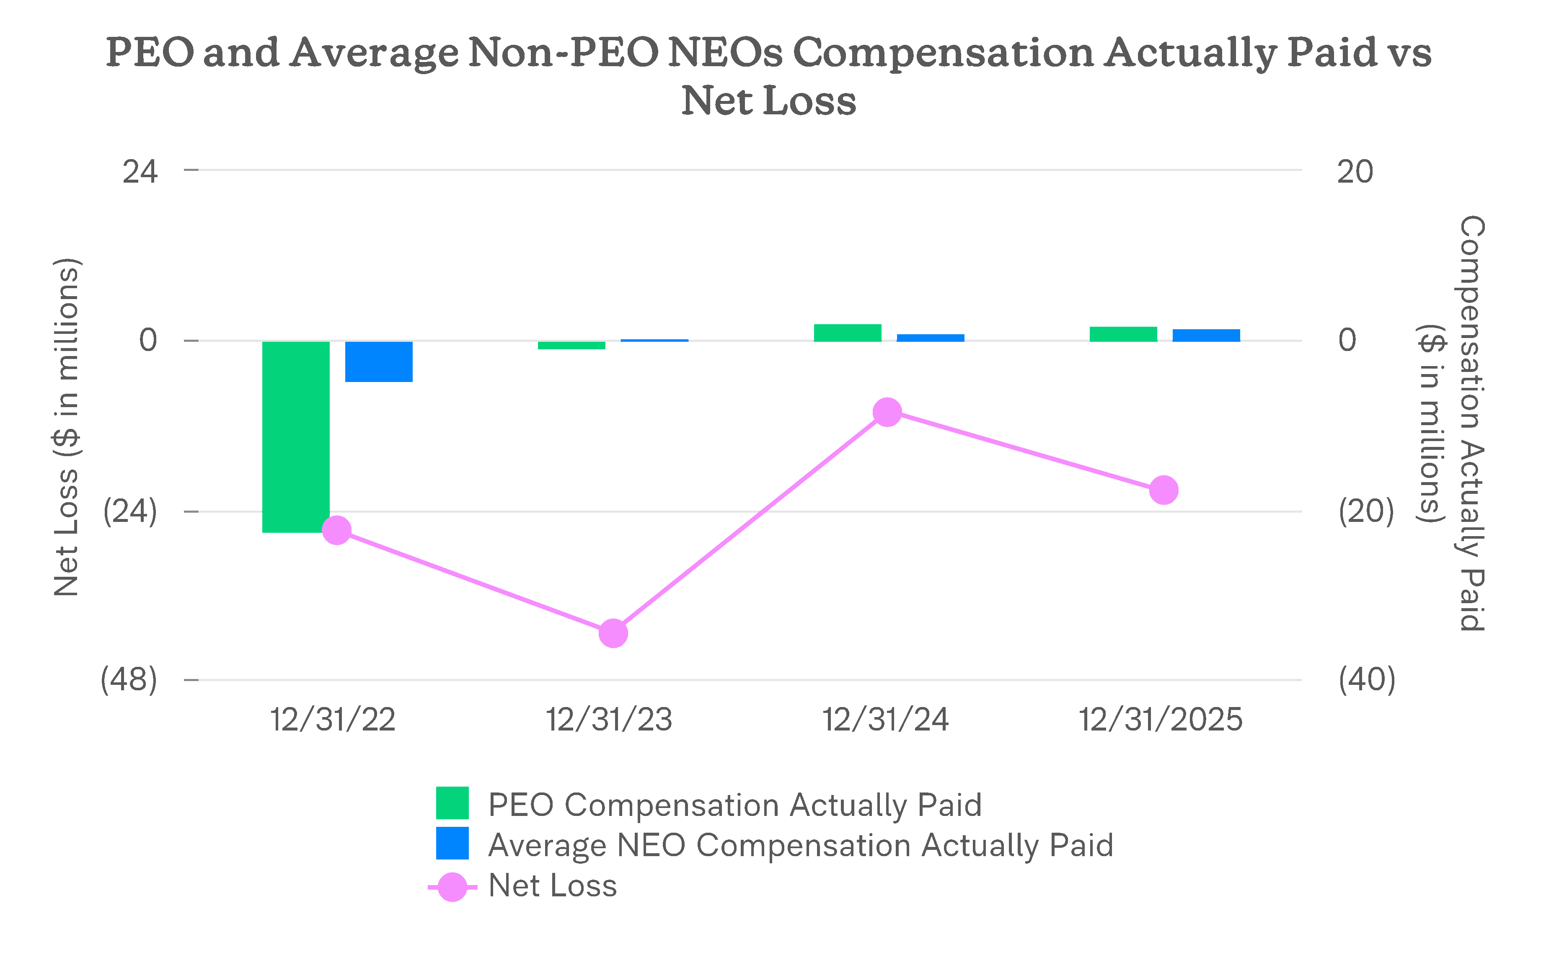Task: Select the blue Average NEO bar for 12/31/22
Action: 378,361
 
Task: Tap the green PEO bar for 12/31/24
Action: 847,333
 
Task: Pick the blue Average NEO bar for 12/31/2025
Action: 1206,336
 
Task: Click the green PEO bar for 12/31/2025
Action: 1123,334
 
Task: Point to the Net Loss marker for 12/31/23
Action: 613,633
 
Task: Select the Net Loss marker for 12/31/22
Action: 337,529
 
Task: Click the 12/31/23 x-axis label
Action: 609,720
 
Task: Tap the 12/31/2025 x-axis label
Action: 1161,720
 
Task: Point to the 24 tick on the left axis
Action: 140,172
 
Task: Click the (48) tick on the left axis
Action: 129,680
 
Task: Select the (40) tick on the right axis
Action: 1367,680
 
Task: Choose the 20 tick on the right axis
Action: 1355,172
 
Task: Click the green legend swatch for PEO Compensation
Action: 452,803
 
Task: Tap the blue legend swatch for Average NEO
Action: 452,843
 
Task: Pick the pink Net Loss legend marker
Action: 452,887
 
